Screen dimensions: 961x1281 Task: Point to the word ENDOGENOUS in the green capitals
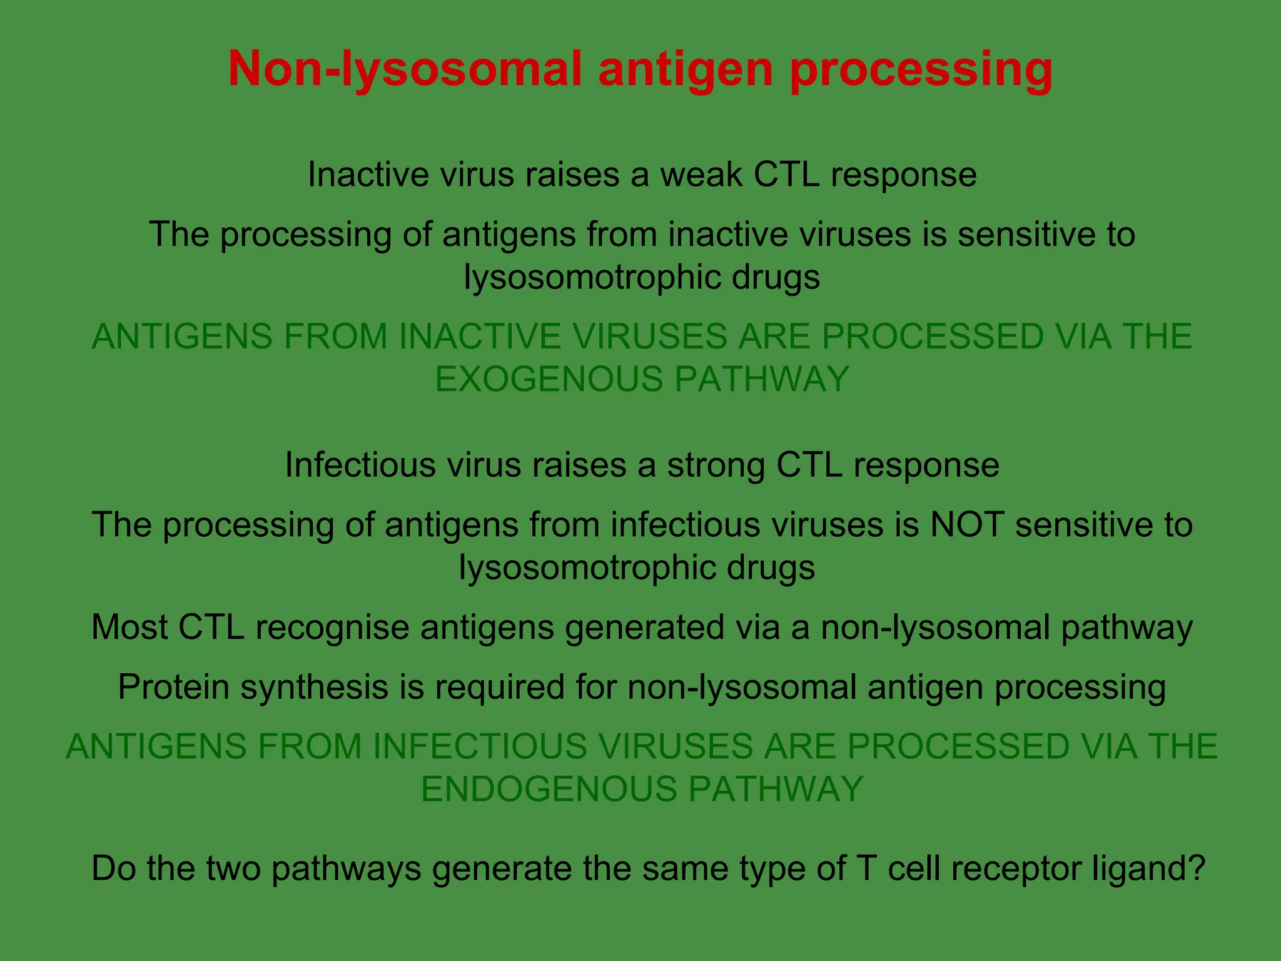pos(549,788)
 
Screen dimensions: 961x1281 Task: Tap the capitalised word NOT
pos(967,524)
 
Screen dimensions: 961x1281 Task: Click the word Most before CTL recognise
pos(129,627)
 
